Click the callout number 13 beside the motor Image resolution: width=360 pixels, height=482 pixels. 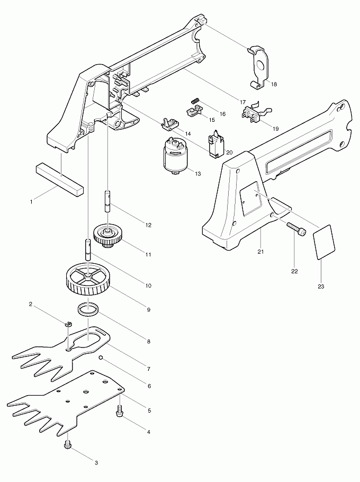[x=198, y=174]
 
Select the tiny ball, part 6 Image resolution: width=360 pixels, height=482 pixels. [x=101, y=358]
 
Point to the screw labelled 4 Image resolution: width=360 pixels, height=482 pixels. [x=119, y=412]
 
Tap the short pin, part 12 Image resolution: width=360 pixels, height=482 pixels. [x=107, y=201]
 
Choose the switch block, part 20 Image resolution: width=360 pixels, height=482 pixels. [x=216, y=143]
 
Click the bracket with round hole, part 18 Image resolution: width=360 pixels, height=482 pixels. [x=258, y=67]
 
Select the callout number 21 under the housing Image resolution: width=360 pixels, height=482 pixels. [x=260, y=252]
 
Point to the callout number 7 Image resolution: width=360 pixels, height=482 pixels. [x=148, y=369]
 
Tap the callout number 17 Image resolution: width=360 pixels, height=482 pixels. [x=242, y=102]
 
